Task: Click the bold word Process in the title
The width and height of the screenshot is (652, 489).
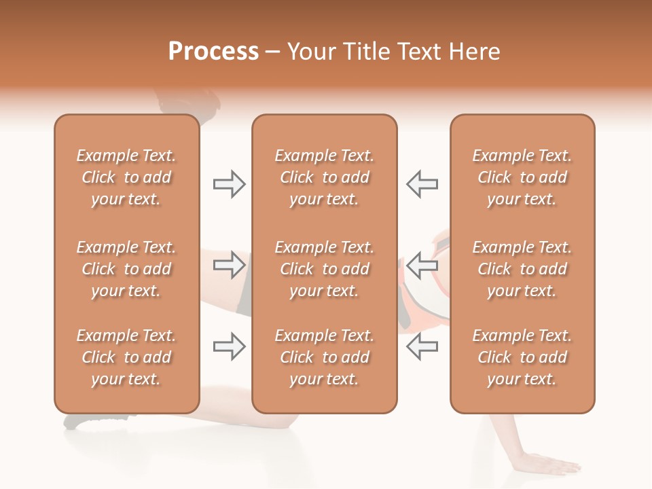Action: tap(213, 52)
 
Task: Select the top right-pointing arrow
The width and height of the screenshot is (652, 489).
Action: tap(230, 184)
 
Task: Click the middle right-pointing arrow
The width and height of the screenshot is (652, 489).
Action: tap(230, 265)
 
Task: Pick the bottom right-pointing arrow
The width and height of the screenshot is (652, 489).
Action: tap(230, 346)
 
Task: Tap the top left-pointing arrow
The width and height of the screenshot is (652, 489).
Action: tap(422, 184)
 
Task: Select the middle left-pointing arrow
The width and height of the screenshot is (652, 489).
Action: tap(422, 265)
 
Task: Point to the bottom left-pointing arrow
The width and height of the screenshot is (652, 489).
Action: tap(422, 346)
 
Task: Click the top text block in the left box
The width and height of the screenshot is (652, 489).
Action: tap(126, 177)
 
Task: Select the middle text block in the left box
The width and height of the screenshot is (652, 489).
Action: tap(126, 269)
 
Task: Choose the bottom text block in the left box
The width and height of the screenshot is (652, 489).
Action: tap(126, 357)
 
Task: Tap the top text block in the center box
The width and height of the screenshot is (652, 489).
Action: tap(324, 177)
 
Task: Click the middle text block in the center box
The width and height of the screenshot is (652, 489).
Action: tap(324, 269)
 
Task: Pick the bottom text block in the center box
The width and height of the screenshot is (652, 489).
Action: tap(324, 357)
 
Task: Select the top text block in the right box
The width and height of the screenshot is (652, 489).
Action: tap(522, 177)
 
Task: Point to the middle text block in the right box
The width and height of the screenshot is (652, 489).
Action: tap(522, 269)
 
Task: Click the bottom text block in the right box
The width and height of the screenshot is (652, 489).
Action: tap(522, 357)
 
